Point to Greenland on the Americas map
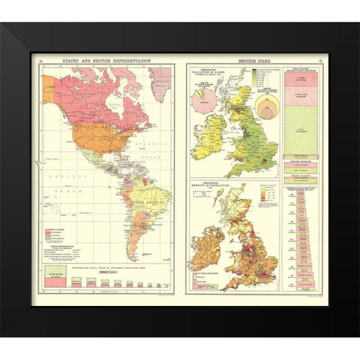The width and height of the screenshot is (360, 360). coord(159,75)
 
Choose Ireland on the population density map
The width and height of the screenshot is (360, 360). coord(210,256)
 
